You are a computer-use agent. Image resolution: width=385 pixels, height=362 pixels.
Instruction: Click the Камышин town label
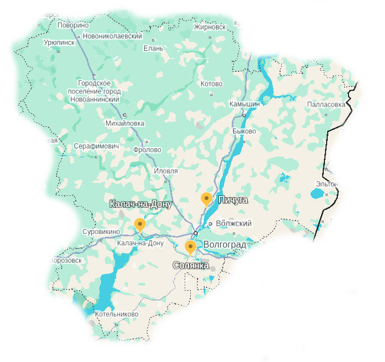[x=244, y=104]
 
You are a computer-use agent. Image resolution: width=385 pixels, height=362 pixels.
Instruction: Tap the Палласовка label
[x=326, y=104]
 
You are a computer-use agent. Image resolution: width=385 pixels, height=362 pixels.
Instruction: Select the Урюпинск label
[x=58, y=42]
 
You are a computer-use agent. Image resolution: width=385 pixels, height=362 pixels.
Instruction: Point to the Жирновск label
[x=209, y=26]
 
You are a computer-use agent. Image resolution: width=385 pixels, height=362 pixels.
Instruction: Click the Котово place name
[x=211, y=84]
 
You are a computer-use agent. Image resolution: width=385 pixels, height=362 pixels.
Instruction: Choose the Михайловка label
[x=125, y=123]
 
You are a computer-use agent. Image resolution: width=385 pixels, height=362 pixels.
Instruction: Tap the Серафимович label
[x=97, y=146]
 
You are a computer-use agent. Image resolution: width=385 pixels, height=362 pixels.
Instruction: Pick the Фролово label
[x=147, y=150]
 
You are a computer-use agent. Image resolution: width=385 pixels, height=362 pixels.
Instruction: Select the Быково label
[x=244, y=131]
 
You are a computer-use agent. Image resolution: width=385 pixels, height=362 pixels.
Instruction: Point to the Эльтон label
[x=327, y=184]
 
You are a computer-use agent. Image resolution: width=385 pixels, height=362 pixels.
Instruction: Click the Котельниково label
[x=116, y=314]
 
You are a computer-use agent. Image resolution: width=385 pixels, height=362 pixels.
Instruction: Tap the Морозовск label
[x=65, y=260]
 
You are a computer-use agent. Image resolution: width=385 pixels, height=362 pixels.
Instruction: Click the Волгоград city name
[x=224, y=245]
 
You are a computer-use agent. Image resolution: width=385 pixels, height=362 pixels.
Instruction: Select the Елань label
[x=153, y=48]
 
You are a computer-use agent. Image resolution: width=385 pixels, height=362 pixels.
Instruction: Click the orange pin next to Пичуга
[x=207, y=198]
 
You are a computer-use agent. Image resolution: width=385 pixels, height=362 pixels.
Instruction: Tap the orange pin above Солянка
[x=190, y=246]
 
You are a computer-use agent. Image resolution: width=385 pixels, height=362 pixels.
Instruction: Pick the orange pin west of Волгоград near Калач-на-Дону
[x=140, y=224]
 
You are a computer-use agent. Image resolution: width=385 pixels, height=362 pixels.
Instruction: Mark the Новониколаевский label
[x=112, y=36]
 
